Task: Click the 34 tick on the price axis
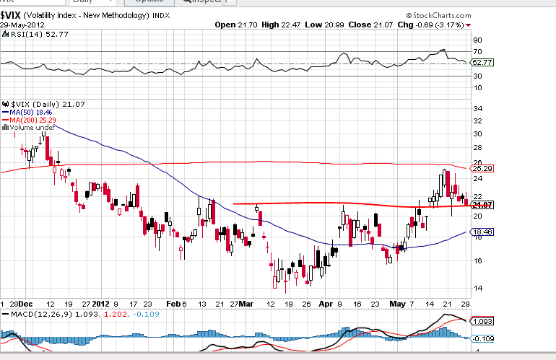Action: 477,108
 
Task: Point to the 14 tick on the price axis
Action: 477,289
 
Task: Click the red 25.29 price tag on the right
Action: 482,169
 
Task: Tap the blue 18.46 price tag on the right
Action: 482,232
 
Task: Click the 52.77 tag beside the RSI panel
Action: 482,63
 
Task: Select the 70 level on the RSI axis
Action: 477,52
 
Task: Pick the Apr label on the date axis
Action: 326,304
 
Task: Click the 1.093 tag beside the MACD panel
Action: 482,321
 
